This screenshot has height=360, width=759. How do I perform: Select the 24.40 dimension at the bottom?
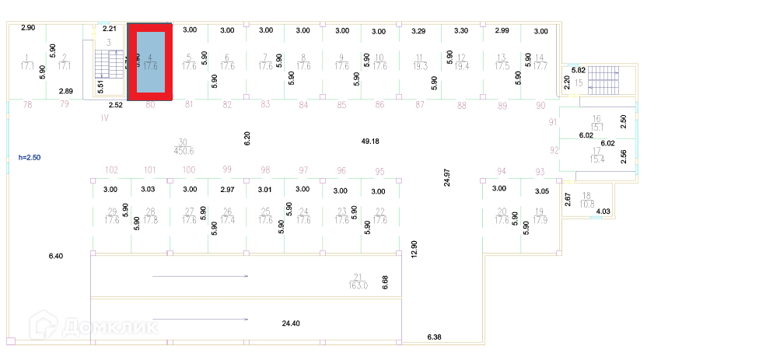click(x=291, y=323)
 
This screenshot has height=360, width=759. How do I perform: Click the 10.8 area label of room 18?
click(x=586, y=204)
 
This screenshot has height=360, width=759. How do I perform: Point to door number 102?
click(x=111, y=170)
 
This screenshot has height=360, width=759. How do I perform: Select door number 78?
click(x=28, y=104)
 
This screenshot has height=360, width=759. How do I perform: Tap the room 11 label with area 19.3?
click(x=419, y=62)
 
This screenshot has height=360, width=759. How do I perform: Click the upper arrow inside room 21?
click(x=200, y=276)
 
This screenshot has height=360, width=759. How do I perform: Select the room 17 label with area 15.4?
click(x=597, y=156)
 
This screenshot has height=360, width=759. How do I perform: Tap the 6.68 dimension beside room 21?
click(x=384, y=281)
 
